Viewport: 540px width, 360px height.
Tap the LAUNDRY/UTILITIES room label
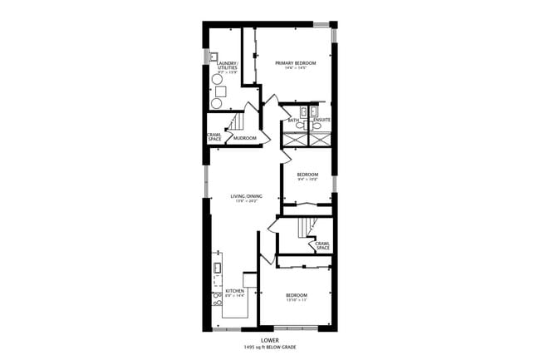point(228,66)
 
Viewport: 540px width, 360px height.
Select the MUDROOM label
point(245,138)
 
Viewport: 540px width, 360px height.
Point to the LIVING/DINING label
point(247,196)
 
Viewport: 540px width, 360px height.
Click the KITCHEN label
point(235,291)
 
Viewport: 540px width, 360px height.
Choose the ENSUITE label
point(322,121)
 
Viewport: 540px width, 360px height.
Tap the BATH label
point(293,121)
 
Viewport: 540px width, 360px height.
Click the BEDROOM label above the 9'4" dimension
point(308,175)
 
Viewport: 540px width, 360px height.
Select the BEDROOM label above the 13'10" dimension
point(297,296)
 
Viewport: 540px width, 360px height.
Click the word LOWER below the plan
point(269,340)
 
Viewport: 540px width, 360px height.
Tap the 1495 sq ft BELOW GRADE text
point(269,348)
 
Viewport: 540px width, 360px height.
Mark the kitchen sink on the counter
point(218,268)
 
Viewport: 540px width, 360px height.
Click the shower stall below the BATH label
point(294,139)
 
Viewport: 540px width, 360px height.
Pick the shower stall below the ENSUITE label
point(321,139)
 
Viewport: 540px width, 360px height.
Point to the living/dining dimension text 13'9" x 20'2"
point(247,202)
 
